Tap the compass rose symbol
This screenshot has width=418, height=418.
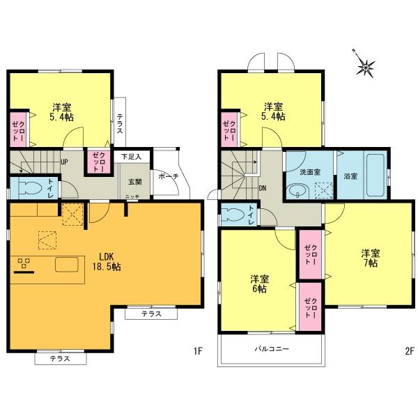[x=365, y=67]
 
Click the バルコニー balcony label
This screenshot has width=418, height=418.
[x=271, y=348]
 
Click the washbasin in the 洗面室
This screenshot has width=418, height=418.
[x=297, y=189]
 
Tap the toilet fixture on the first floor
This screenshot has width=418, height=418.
[x=30, y=187]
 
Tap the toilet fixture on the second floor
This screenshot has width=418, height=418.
[x=235, y=214]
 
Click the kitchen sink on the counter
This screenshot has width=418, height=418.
[x=68, y=265]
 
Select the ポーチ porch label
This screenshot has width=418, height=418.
[x=169, y=176]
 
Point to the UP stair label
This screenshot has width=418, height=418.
[x=64, y=162]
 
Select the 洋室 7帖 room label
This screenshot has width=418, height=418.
[x=369, y=258]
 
